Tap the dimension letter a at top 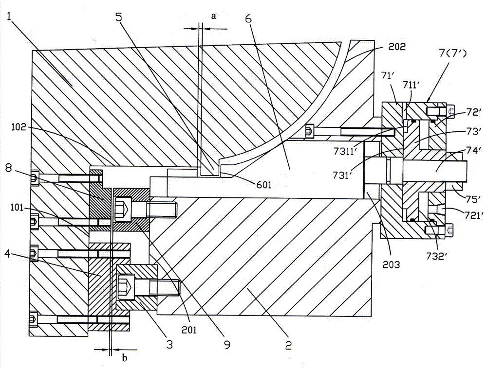tap(214, 15)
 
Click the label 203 tap(391, 264)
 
